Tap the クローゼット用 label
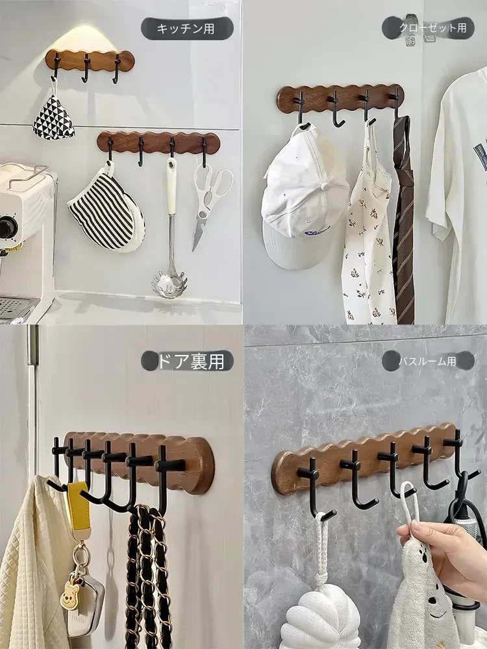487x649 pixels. pyautogui.click(x=432, y=28)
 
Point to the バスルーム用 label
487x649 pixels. pyautogui.click(x=428, y=361)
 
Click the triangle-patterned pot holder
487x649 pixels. pyautogui.click(x=53, y=117)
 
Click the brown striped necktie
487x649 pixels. pyautogui.click(x=403, y=219)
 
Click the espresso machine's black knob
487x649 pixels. pyautogui.click(x=7, y=227)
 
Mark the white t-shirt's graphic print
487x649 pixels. pyautogui.click(x=480, y=154)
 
